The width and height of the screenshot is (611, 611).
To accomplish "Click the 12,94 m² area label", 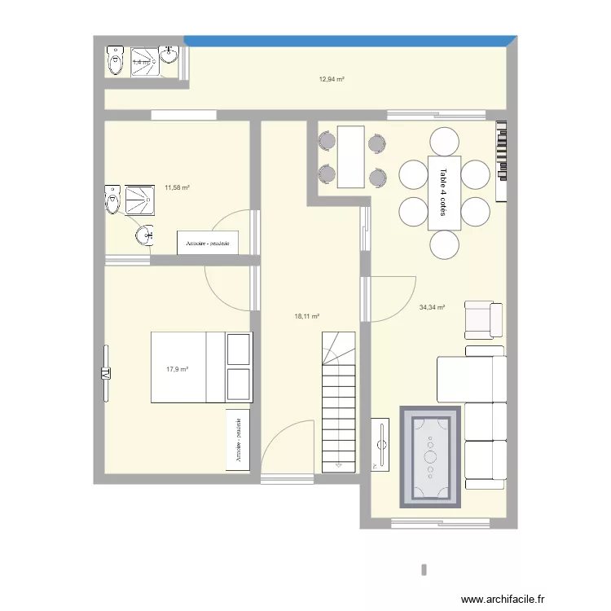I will tap(331, 79).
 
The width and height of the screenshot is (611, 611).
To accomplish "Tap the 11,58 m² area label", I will tap(177, 187).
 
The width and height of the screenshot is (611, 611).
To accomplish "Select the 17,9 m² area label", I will tap(177, 369).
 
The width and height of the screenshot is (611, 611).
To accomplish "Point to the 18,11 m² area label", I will tap(307, 316).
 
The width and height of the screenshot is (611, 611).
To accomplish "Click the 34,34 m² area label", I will tap(432, 307).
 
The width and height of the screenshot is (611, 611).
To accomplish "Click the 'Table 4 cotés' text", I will tap(444, 192).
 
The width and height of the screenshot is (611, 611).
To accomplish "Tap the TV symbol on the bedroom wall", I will tap(106, 374).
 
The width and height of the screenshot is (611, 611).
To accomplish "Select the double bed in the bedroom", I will tap(200, 367).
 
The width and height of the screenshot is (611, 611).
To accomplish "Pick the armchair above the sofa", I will tap(483, 319).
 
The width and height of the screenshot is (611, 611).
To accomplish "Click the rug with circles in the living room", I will tap(431, 456).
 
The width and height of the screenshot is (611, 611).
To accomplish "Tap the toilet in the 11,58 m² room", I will tap(112, 200).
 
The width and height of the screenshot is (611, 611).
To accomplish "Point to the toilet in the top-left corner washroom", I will tap(113, 61).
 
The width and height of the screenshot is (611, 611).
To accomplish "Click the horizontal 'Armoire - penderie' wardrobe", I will tap(208, 243).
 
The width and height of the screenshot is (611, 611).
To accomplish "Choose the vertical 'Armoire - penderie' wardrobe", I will tap(239, 441).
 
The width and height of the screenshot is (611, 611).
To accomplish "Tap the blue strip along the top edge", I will tap(350, 39).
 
